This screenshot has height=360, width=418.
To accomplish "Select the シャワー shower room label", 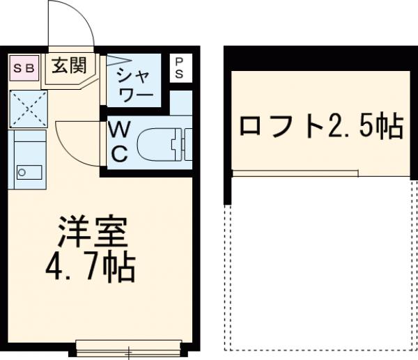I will pyautogui.click(x=133, y=84).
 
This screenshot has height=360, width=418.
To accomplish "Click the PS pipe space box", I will pyautogui.click(x=179, y=68).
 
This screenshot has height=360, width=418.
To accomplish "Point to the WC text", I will pyautogui.click(x=119, y=141).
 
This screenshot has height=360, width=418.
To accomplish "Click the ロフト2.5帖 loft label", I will pyautogui.click(x=320, y=126).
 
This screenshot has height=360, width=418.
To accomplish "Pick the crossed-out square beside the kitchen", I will pyautogui.click(x=27, y=107).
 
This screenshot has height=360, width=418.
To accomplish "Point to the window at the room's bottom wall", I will pyautogui.click(x=128, y=345).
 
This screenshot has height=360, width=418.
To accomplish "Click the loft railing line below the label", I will pyautogui.click(x=295, y=171).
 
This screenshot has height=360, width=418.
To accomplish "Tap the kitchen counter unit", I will pyautogui.click(x=27, y=159).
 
